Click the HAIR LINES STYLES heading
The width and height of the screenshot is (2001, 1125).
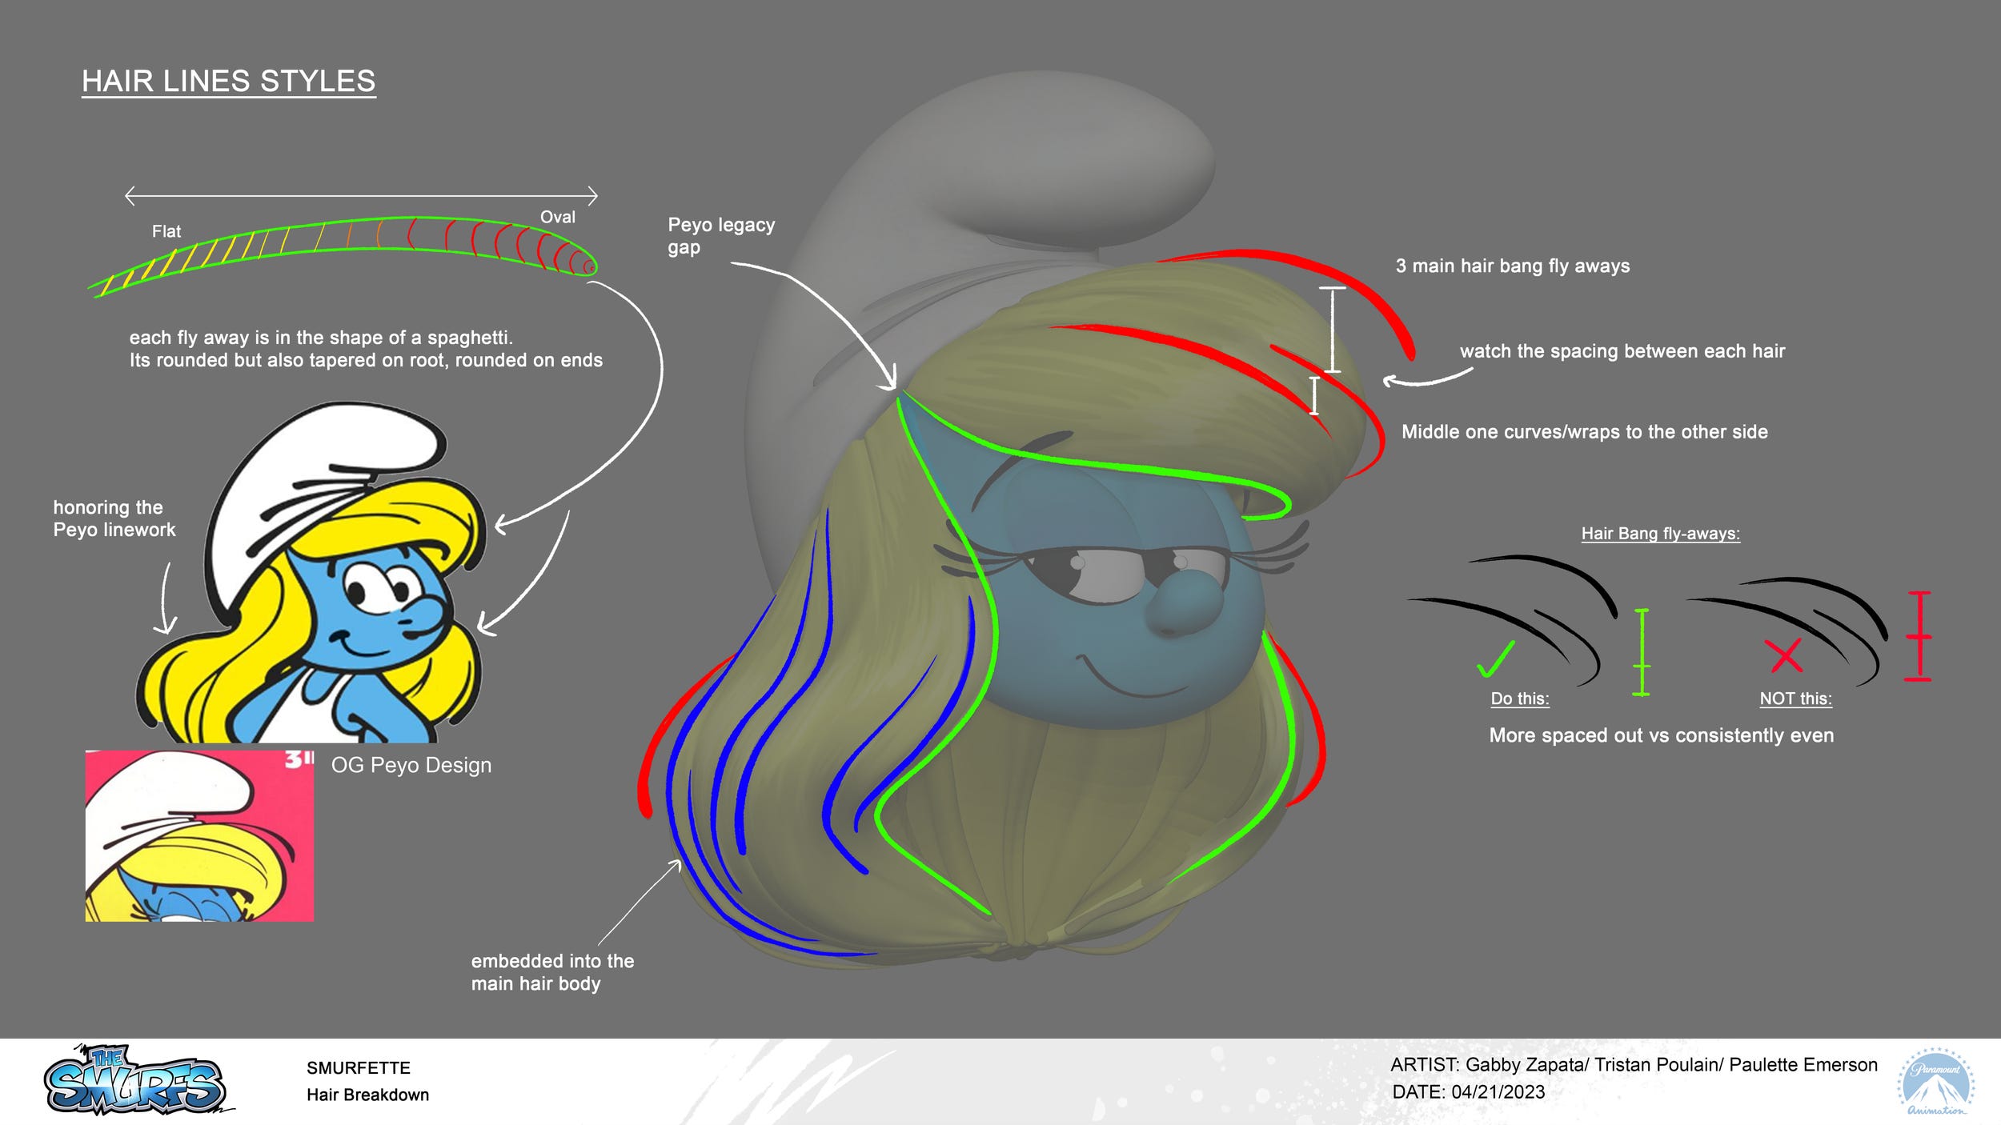[228, 82]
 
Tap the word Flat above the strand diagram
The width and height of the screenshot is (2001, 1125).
[166, 232]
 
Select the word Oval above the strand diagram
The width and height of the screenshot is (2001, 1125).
[557, 218]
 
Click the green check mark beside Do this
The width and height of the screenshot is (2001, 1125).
[1495, 659]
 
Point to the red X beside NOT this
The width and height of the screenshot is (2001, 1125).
[1785, 655]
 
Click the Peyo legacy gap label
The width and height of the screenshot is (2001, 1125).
[720, 236]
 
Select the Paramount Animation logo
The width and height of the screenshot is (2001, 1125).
[1935, 1081]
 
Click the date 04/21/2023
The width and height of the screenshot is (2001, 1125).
[1498, 1092]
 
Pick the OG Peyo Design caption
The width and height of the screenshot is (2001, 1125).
[411, 766]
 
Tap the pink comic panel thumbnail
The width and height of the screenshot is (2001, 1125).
[199, 835]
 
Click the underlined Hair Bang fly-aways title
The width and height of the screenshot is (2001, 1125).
[1660, 534]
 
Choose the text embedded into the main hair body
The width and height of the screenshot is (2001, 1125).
[551, 972]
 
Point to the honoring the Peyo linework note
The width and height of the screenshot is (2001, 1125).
[114, 518]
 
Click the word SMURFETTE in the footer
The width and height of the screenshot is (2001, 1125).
[358, 1068]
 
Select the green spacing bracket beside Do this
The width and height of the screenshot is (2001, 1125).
[1641, 652]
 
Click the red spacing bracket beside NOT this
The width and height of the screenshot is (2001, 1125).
[1919, 636]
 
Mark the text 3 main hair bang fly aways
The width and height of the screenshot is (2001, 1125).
[1512, 266]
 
